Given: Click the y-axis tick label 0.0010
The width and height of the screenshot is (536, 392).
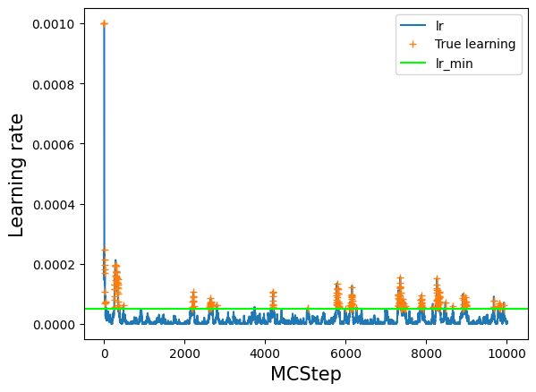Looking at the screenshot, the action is click(54, 24).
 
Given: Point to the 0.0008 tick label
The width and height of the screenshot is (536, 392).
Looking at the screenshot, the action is click(54, 84).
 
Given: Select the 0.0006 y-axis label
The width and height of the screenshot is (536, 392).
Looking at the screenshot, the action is click(54, 145).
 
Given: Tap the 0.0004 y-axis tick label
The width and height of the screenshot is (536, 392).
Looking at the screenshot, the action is click(54, 205).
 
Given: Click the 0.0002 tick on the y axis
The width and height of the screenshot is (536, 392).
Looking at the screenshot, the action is click(54, 265).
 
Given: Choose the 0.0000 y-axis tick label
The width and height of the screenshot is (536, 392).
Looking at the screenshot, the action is click(54, 325).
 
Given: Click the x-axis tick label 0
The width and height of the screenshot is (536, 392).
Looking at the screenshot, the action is click(105, 354).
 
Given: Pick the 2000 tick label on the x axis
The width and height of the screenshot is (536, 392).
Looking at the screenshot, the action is click(184, 354).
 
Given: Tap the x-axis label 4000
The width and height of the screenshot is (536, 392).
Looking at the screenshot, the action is click(265, 354).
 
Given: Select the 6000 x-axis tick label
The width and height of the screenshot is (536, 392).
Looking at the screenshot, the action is click(346, 354).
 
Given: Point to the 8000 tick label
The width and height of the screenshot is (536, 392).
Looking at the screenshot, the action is click(427, 354).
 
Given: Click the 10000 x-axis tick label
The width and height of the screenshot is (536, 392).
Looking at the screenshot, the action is click(507, 354).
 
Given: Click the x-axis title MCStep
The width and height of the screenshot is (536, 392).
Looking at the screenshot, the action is click(306, 374).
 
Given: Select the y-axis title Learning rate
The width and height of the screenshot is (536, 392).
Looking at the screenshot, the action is click(16, 175).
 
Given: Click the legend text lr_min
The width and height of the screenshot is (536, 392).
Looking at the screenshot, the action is click(454, 64).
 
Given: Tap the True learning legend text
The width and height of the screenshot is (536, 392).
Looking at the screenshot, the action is click(475, 44).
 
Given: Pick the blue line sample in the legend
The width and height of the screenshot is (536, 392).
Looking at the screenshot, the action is click(413, 25).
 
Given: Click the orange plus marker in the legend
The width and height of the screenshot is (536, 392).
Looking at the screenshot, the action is click(413, 44).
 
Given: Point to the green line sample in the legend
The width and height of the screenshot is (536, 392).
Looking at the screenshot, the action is click(413, 63).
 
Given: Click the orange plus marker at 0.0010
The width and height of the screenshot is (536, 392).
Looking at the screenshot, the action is click(105, 23).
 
